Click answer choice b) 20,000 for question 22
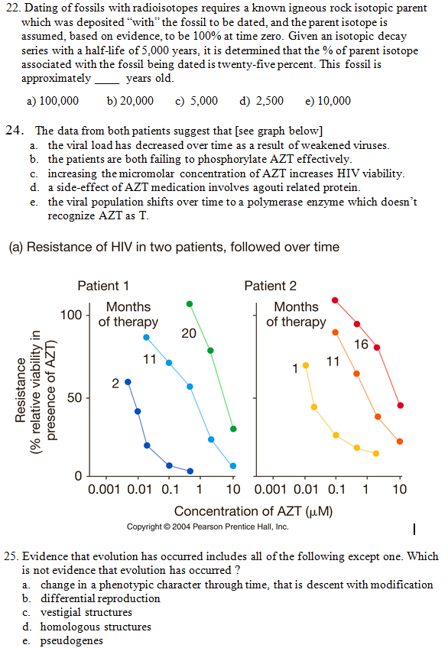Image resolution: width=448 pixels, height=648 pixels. coord(130,101)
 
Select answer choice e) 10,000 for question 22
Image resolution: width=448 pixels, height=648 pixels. coord(328,101)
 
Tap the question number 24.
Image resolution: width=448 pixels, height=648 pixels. coord(14,130)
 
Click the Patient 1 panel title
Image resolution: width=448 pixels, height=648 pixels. coord(103,286)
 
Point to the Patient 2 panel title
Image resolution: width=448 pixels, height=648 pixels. coord(271,286)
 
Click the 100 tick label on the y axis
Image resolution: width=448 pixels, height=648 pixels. coord(71,315)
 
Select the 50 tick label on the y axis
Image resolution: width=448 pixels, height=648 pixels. coord(75,397)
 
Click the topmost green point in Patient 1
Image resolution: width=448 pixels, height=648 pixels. coord(190,304)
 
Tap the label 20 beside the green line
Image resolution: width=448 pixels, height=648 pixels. coord(189,333)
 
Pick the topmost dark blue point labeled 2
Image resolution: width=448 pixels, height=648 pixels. coord(128,382)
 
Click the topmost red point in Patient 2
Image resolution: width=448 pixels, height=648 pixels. coord(335,300)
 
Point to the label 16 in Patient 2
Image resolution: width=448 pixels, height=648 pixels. coord(361,344)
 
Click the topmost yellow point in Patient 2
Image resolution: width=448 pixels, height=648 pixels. coord(306,365)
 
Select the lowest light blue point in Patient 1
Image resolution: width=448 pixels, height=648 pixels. coord(233,466)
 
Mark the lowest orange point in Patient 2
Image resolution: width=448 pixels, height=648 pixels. coord(400,442)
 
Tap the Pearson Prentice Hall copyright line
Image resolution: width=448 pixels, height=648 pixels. coord(207,526)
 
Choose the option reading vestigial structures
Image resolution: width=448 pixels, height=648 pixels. coord(86,612)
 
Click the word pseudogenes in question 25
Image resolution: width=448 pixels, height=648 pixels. coord(72,641)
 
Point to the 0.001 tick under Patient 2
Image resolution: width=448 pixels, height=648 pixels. coord(271,489)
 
